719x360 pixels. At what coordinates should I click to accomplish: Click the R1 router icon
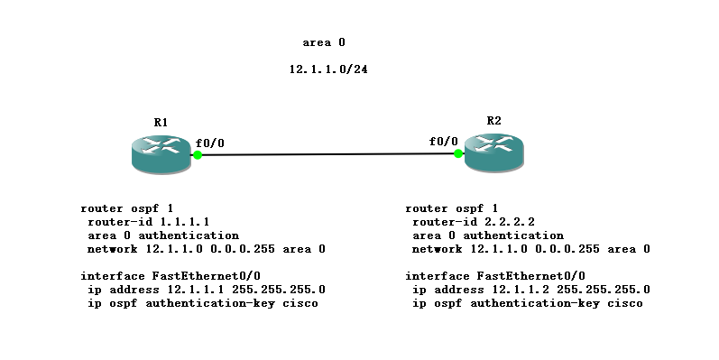[x=161, y=152]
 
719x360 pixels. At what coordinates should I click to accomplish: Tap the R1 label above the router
[x=161, y=122]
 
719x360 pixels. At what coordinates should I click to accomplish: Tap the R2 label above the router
[x=493, y=120]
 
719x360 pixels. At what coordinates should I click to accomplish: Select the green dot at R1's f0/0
[x=197, y=155]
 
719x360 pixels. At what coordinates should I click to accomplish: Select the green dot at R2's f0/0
[x=458, y=153]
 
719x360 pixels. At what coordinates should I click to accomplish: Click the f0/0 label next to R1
[x=210, y=142]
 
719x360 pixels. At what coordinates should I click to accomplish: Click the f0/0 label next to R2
[x=444, y=141]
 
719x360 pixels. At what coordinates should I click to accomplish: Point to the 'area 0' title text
[x=324, y=42]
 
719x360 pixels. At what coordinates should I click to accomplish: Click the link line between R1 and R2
[x=327, y=154]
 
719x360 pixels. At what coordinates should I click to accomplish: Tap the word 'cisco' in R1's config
[x=300, y=303]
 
